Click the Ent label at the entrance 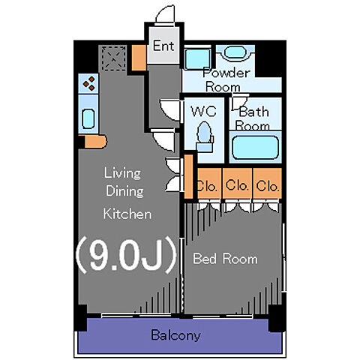click(163, 46)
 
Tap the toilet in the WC click(205, 137)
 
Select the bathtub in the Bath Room click(256, 148)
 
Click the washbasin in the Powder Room click(235, 52)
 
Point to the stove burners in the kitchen click(88, 83)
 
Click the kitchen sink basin click(88, 118)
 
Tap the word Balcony click(175, 335)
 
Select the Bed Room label click(225, 259)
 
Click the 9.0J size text click(126, 254)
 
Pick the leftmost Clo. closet click(208, 184)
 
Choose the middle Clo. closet click(237, 184)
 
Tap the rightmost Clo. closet click(268, 184)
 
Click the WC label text click(204, 111)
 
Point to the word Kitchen click(127, 214)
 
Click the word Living click(122, 173)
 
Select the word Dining click(124, 191)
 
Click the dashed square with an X click(114, 58)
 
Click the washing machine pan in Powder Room click(198, 59)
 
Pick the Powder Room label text click(226, 80)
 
